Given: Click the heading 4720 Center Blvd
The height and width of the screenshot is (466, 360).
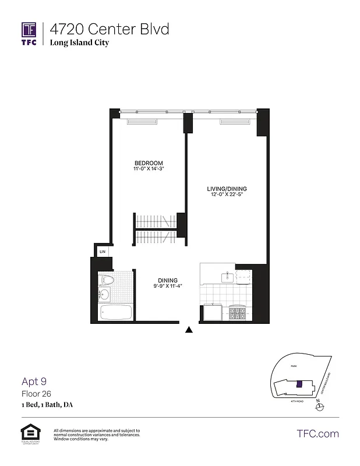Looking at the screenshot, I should [110, 29].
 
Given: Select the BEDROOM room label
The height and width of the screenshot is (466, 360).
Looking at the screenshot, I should [149, 163].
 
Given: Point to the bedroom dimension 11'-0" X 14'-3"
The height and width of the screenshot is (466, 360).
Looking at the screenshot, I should [149, 170].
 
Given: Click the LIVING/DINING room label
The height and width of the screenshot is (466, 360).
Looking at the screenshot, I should [227, 189].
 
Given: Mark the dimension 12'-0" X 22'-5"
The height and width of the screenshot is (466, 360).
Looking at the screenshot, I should [227, 195].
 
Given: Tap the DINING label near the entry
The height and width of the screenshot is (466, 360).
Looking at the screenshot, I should [167, 280].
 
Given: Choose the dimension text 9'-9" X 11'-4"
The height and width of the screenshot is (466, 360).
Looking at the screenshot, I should [167, 287].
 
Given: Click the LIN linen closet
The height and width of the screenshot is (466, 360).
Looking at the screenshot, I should [102, 252].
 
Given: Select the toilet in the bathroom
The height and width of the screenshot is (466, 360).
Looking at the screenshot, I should [107, 280].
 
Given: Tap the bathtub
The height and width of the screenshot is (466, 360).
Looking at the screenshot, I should [117, 313].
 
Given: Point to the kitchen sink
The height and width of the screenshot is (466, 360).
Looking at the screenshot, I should [227, 276].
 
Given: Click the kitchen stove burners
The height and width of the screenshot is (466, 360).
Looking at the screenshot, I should [238, 313].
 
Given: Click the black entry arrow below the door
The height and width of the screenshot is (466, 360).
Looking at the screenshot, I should [189, 330].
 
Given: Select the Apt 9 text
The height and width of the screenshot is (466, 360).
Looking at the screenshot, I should [34, 382].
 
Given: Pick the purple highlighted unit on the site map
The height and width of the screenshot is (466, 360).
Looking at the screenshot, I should [299, 384].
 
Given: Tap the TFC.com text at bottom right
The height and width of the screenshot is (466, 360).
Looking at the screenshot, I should [318, 433].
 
